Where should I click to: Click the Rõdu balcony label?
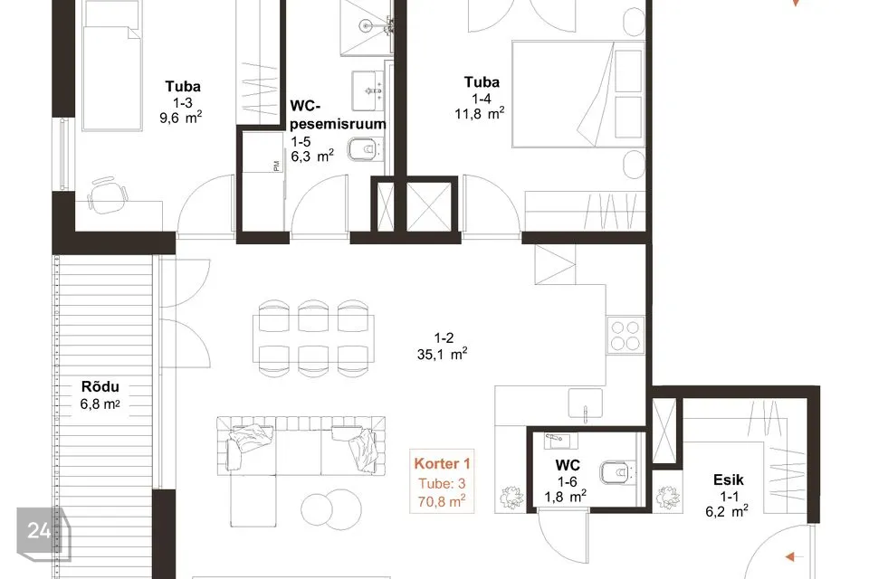[100, 386]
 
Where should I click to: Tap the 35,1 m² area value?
[442, 354]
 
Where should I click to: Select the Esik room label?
[728, 479]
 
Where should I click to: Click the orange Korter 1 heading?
[442, 464]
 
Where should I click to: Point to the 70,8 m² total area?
[442, 502]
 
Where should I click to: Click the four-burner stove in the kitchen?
[625, 335]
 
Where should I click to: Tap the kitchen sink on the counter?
[586, 403]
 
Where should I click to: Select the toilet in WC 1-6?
[616, 472]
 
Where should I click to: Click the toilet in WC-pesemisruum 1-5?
[365, 149]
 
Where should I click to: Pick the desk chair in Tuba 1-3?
[108, 195]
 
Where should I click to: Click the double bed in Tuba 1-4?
[578, 94]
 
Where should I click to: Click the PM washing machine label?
[276, 166]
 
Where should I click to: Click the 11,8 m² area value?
[480, 114]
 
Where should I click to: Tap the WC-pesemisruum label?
[338, 115]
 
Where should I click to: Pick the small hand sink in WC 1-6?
[560, 441]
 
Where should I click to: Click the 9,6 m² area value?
[181, 118]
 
